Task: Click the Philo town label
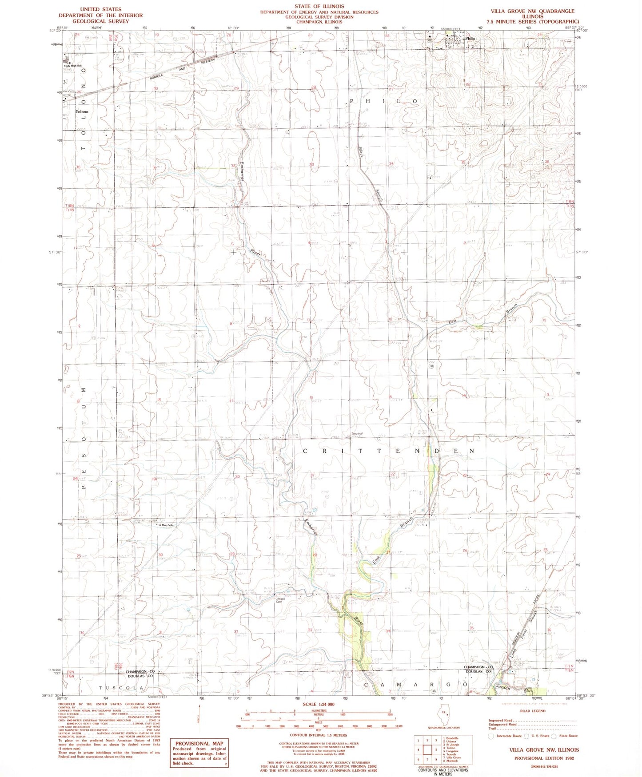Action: click(x=470, y=39)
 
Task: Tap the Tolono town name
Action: click(x=82, y=112)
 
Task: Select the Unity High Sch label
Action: click(x=73, y=66)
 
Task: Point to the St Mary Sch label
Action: click(x=165, y=525)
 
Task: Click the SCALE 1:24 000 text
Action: click(x=319, y=705)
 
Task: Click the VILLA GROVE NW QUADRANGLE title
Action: click(x=532, y=11)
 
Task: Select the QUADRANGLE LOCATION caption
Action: click(x=443, y=728)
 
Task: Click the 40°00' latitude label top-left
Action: click(x=54, y=31)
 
